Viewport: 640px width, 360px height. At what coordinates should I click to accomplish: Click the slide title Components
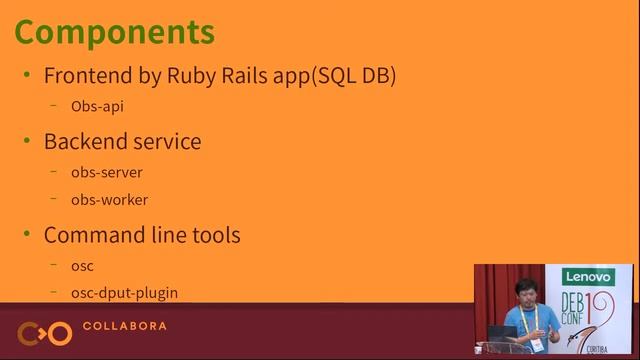[x=114, y=32]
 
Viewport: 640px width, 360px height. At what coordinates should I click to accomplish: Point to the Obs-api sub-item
[x=97, y=106]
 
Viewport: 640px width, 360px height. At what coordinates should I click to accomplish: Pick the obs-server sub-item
[x=106, y=172]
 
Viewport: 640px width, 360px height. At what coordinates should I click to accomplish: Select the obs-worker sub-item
[x=109, y=200]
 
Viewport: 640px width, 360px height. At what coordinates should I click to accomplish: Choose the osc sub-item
[x=82, y=266]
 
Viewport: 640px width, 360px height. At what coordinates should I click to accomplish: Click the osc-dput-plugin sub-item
[x=124, y=293]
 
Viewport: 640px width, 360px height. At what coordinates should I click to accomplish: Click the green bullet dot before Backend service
[x=27, y=141]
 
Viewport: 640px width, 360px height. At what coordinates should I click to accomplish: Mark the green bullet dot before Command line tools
[x=27, y=235]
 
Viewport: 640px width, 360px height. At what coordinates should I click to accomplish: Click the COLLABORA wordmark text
[x=124, y=326]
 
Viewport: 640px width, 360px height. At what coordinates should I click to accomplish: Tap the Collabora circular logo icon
[x=44, y=332]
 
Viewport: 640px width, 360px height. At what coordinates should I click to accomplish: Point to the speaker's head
[x=522, y=289]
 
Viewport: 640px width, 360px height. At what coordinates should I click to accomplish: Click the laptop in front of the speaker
[x=503, y=333]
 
